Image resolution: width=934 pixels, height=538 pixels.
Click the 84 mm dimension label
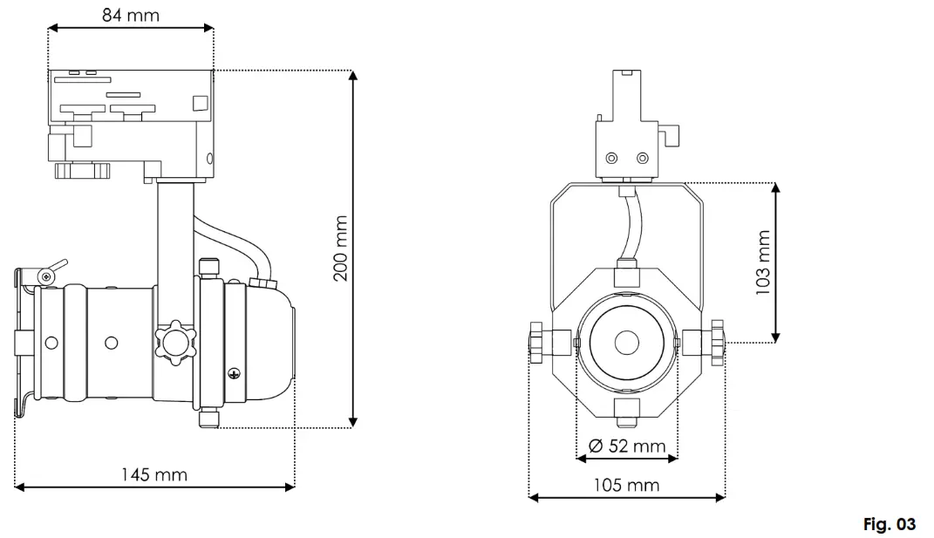click(130, 15)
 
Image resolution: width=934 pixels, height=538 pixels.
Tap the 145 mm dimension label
click(154, 474)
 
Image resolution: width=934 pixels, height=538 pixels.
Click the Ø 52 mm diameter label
click(627, 446)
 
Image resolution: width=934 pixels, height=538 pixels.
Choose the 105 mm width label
click(627, 485)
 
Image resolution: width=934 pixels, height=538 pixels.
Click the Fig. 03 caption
click(889, 524)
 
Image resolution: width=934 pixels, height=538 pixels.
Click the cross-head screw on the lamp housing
click(234, 374)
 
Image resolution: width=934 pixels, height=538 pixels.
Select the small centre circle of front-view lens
click(626, 343)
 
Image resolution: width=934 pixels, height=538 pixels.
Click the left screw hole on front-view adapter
click(611, 157)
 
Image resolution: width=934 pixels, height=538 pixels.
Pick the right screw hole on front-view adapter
click(643, 157)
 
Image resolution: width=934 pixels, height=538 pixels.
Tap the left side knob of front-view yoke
click(536, 342)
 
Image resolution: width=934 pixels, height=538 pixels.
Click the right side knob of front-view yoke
click(717, 342)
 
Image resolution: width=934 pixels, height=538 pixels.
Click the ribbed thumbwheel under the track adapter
click(83, 170)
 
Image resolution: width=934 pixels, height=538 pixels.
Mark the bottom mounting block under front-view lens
click(626, 412)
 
